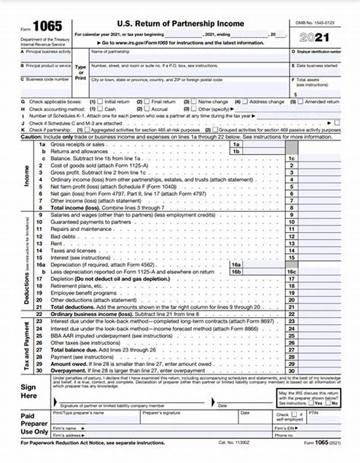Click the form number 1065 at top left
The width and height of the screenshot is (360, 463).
point(47,26)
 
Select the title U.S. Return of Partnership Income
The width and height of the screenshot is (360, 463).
point(180,23)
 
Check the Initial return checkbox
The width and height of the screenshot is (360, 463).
point(100,102)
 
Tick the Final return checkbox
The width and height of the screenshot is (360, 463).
point(147,102)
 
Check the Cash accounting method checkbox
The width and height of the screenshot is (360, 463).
point(100,109)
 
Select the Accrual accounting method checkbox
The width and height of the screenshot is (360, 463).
point(147,109)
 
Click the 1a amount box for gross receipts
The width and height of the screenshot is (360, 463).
point(264,145)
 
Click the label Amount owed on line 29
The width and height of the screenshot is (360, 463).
point(67,364)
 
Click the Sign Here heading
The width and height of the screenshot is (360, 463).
point(28,391)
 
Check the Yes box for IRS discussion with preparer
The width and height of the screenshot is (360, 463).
point(310,403)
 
